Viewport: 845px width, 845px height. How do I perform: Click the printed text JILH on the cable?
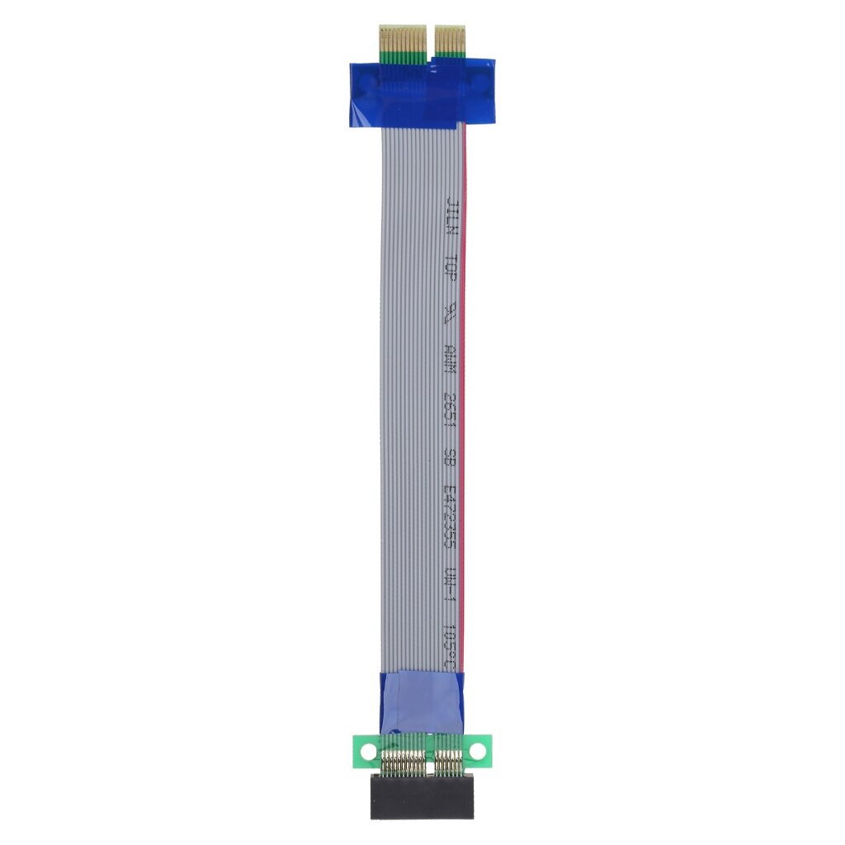(451, 217)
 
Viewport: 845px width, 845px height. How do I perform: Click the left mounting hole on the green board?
(368, 751)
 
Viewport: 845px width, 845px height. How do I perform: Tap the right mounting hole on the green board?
(476, 751)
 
